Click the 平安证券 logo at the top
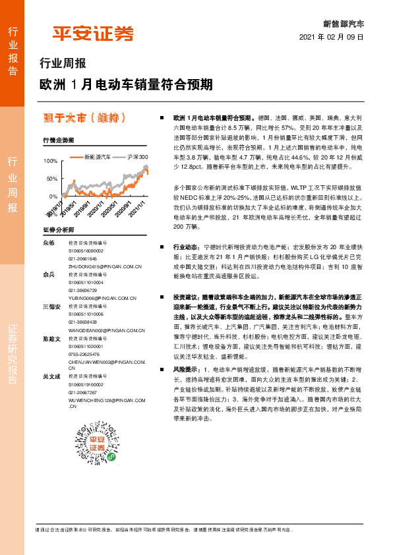pyautogui.click(x=93, y=33)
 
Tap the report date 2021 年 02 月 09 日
pyautogui.click(x=332, y=38)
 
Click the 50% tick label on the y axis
pyautogui.click(x=51, y=179)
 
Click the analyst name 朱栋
pyautogui.click(x=48, y=243)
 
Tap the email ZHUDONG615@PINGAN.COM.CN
pyautogui.click(x=106, y=266)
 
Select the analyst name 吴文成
pyautogui.click(x=51, y=376)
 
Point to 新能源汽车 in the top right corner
pyautogui.click(x=343, y=23)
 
